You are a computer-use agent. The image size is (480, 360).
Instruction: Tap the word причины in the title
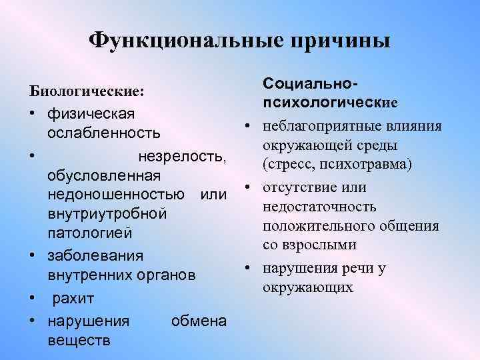339,40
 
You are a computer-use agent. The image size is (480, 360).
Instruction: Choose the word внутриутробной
106,215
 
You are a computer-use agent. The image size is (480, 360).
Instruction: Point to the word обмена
199,321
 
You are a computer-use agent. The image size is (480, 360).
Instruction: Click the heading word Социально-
311,84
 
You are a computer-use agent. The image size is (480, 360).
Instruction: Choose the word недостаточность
319,207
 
